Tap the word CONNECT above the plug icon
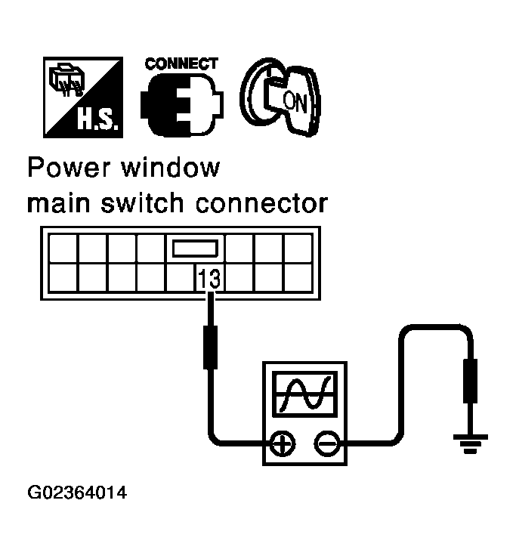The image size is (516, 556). coord(181,63)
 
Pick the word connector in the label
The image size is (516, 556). coord(266,203)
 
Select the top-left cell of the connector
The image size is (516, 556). coord(63,248)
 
